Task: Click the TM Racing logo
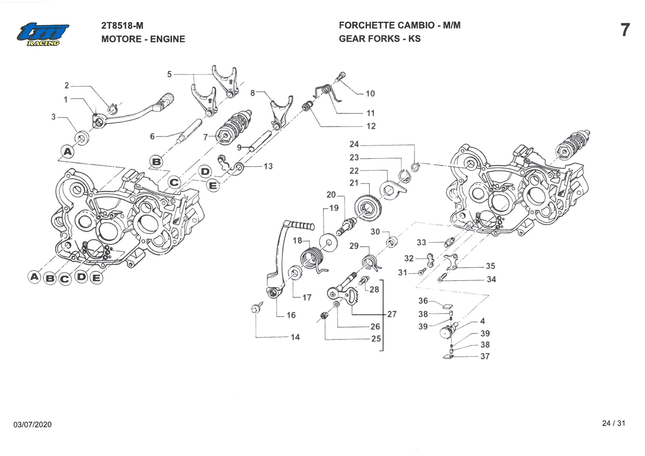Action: coord(43,34)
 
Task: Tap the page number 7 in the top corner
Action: coord(625,30)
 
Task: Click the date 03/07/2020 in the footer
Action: coord(32,424)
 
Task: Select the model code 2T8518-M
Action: coord(122,25)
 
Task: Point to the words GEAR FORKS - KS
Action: coord(380,39)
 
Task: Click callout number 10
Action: coord(370,94)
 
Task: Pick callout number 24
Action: coord(354,144)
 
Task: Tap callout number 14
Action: coord(295,337)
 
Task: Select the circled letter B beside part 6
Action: coord(157,162)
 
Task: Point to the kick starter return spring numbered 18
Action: coord(312,259)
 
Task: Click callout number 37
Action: coord(485,356)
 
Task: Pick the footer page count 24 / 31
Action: coord(613,423)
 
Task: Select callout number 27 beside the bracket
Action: coord(392,314)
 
